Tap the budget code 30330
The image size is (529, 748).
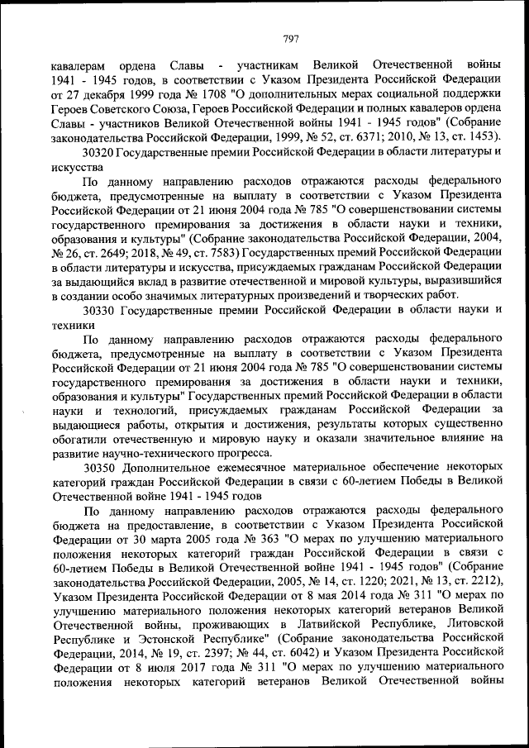(x=99, y=309)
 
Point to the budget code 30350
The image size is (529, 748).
(x=98, y=467)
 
